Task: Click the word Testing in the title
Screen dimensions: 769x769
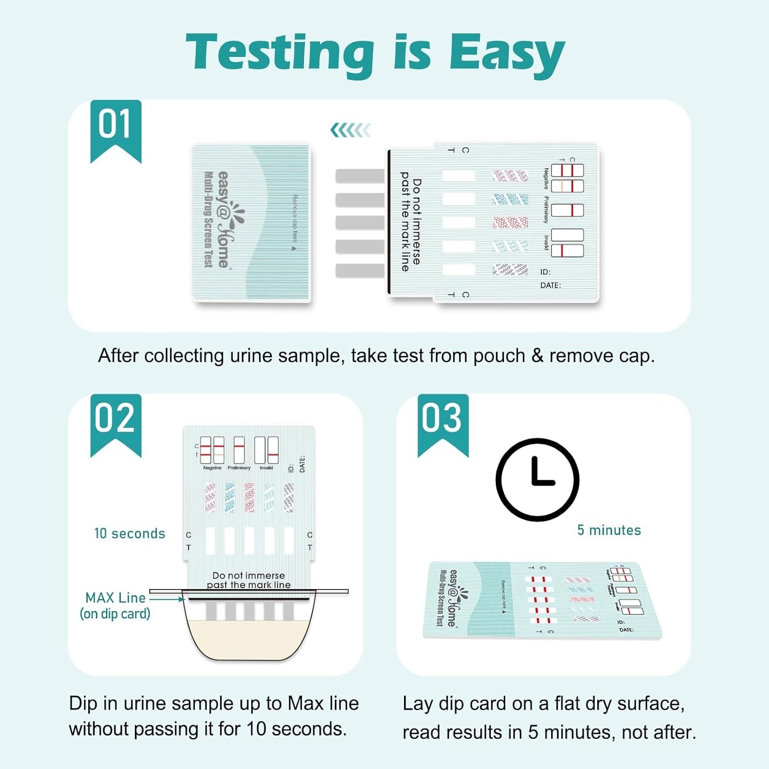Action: [x=280, y=53]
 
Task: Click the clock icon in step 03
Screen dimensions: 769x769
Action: [x=537, y=479]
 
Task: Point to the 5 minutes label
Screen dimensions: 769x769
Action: [x=609, y=530]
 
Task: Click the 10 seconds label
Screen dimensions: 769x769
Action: [x=130, y=534]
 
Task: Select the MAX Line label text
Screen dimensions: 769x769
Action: [x=115, y=598]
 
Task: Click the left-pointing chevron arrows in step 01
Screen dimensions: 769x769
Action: [x=351, y=130]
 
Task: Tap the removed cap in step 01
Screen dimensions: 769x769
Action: [x=251, y=221]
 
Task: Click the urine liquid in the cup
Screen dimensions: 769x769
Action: [x=249, y=638]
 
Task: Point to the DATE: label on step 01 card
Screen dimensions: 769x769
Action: [x=550, y=286]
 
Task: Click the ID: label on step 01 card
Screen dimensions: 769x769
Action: [x=545, y=272]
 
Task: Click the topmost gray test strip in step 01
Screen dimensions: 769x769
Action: [x=360, y=176]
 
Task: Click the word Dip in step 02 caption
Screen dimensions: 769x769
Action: [x=83, y=703]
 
